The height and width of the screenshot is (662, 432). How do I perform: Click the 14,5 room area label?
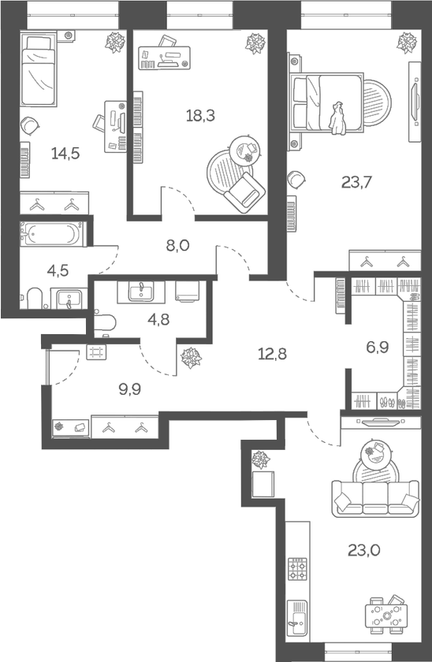pos(65,153)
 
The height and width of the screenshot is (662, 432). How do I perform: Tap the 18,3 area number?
pos(200,115)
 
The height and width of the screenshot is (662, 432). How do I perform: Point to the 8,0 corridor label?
pos(178,245)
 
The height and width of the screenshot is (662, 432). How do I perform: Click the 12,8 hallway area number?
pos(271,353)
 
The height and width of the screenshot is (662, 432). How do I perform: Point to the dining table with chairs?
pos(386,615)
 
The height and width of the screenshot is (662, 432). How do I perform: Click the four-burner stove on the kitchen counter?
pos(298,569)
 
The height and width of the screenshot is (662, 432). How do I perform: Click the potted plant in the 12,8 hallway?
pos(190,359)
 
